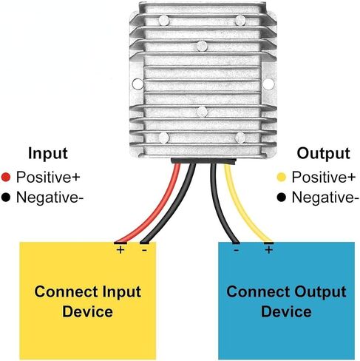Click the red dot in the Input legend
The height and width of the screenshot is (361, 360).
point(6,178)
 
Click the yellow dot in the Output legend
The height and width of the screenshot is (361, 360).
point(282,178)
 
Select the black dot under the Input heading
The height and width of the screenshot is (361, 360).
point(6,198)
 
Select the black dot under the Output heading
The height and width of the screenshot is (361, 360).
point(282,198)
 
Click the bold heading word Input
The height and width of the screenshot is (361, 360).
point(48,154)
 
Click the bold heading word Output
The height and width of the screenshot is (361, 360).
point(323,153)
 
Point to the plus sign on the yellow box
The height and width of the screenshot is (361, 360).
point(120,250)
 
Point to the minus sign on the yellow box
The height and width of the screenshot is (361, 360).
point(144,250)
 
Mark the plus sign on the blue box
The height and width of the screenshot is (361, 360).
point(269,250)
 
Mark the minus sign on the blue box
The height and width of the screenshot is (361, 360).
point(236,250)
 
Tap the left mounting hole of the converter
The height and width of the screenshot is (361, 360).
point(137,84)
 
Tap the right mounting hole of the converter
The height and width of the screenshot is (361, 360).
point(268,84)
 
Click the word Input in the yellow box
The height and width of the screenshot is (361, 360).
point(122,293)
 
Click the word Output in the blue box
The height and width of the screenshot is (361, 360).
point(320,293)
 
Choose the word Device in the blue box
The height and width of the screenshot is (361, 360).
point(286,311)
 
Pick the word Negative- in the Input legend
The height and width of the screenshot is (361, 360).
point(50,198)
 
